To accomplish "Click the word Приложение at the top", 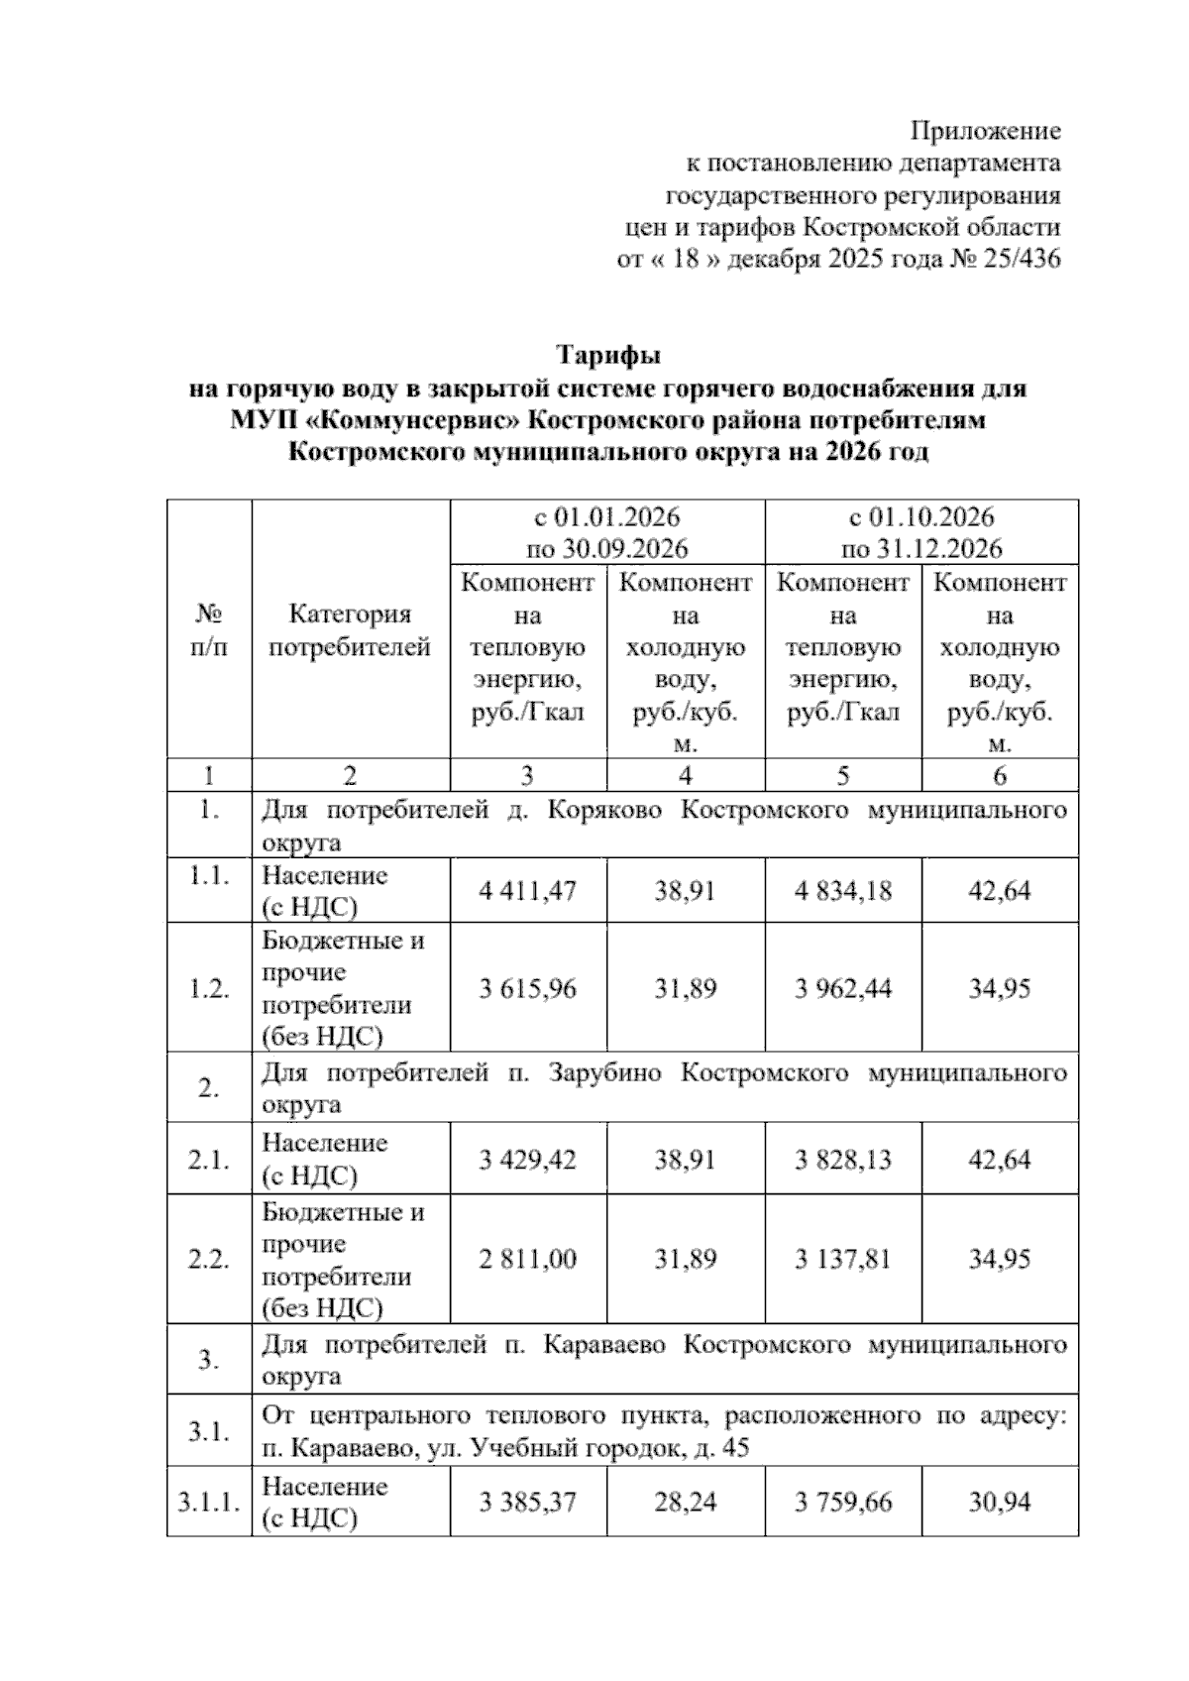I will [985, 131].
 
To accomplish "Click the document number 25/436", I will [1025, 260].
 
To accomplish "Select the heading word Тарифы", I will [607, 355].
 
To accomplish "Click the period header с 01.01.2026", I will [606, 517].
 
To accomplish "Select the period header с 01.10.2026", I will [921, 517].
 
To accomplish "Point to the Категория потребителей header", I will [350, 631].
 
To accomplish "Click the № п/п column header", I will [208, 631].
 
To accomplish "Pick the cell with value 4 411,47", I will [527, 890].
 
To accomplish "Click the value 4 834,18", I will [842, 890].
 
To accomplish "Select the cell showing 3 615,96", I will [527, 988].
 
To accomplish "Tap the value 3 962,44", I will [842, 988].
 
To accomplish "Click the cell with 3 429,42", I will [527, 1159].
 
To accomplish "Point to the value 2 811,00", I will [527, 1259].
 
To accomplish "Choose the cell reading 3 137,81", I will [842, 1259].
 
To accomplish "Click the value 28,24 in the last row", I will [685, 1502].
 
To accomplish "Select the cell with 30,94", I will [1000, 1502].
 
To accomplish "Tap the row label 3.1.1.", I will [208, 1502].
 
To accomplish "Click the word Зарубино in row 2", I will [604, 1072].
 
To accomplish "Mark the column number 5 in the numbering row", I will [842, 775].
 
